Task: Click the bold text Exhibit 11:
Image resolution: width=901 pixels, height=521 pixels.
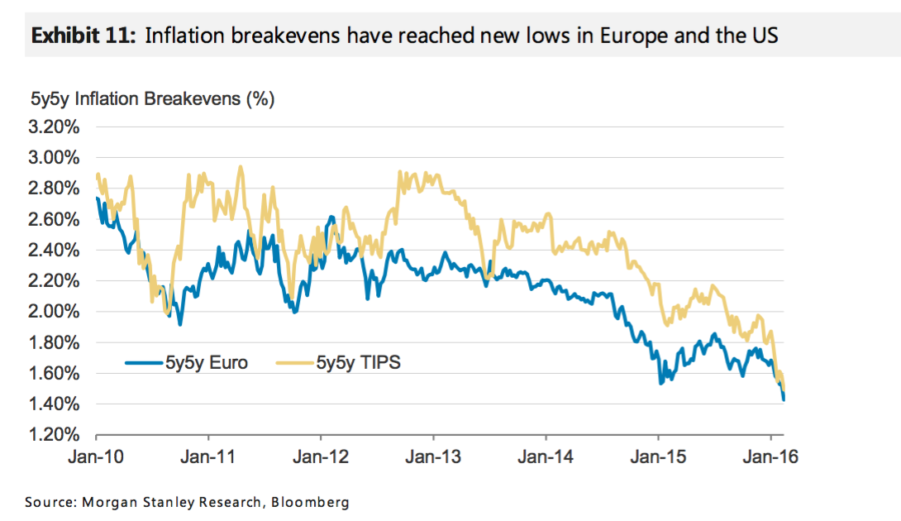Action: tap(81, 36)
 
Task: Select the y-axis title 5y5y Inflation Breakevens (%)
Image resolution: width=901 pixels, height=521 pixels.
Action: tap(153, 100)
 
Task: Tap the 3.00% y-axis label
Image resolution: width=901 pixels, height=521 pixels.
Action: tap(55, 158)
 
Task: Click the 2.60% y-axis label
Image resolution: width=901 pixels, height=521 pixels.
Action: tap(55, 219)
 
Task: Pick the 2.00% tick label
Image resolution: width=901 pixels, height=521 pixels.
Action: tap(55, 312)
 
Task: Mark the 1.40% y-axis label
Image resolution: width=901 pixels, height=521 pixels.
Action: tap(55, 404)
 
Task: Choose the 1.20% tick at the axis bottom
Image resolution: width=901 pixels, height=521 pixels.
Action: tap(55, 435)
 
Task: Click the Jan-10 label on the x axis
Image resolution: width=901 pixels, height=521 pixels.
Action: tap(96, 455)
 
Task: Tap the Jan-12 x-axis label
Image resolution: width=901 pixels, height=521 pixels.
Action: tap(320, 455)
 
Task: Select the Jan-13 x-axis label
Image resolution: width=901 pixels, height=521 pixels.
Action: tap(432, 455)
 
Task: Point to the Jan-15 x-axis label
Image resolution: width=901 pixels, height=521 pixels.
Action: tap(657, 455)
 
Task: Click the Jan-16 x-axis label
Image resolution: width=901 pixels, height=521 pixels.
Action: tap(770, 455)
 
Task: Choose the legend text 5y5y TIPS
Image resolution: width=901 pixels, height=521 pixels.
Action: tap(358, 362)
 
